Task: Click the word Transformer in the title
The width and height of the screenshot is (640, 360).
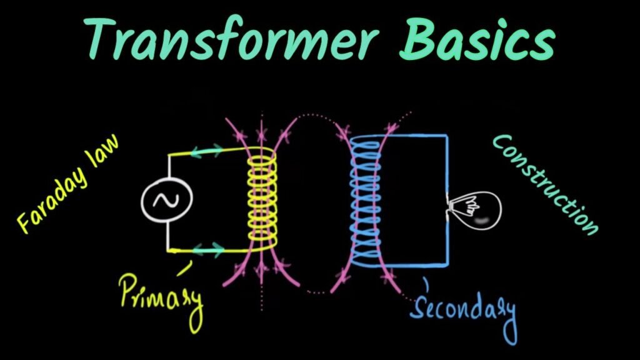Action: [x=230, y=38]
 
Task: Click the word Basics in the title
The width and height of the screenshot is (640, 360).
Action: [x=477, y=38]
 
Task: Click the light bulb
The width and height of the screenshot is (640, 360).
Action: [x=475, y=210]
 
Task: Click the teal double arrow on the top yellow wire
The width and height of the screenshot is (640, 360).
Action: [x=207, y=151]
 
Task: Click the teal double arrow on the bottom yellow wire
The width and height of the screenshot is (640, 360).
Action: [x=208, y=249]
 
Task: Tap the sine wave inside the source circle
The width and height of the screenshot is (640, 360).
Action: [x=166, y=200]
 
